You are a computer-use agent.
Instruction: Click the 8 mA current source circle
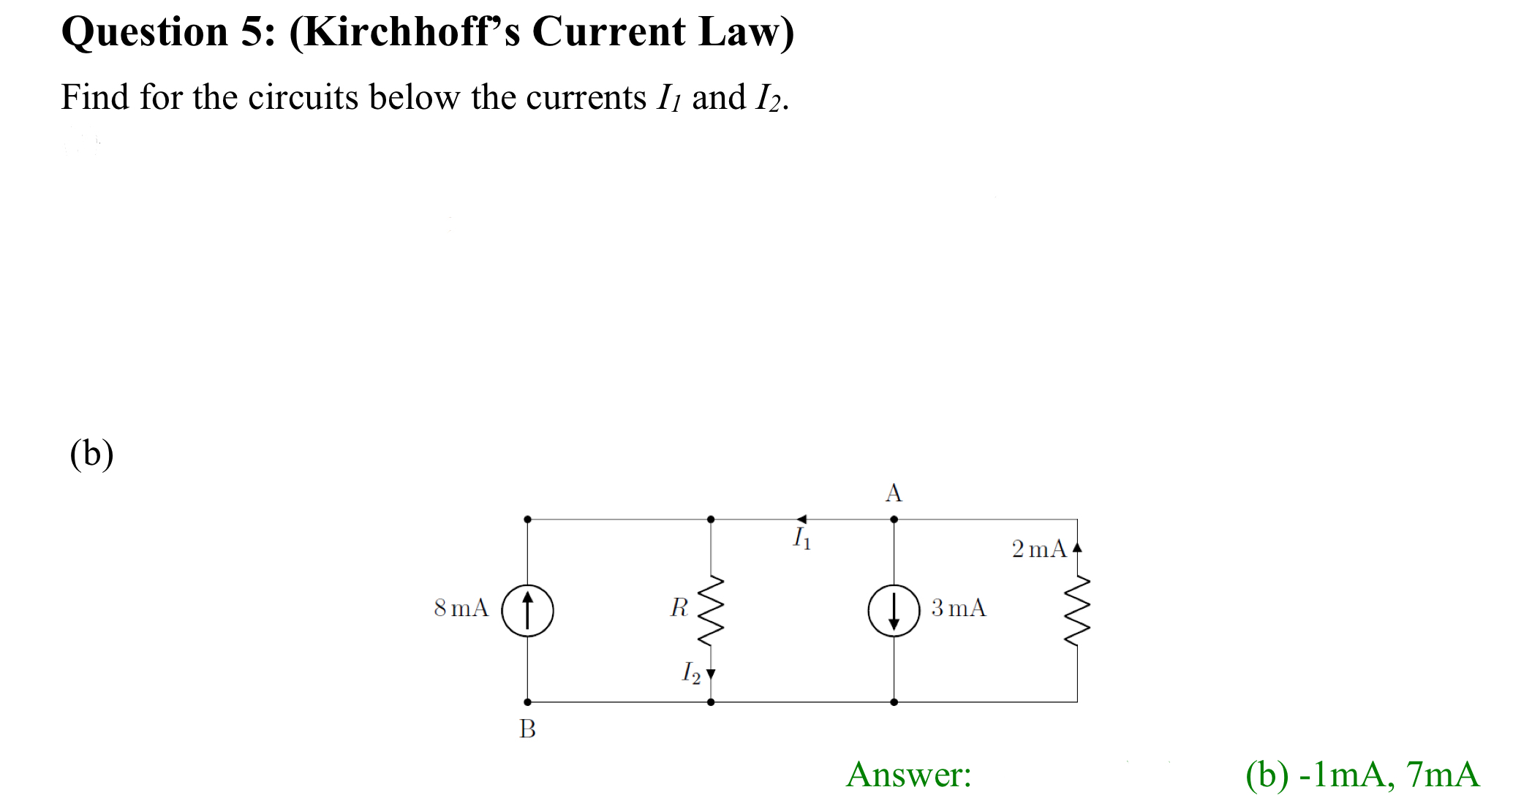point(527,610)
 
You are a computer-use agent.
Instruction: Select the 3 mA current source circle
point(894,610)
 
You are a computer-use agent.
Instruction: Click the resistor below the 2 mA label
point(1077,610)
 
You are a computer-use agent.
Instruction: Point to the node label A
point(894,493)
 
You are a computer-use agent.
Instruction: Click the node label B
point(527,729)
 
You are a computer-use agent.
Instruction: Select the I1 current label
point(802,539)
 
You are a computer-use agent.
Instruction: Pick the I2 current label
point(691,672)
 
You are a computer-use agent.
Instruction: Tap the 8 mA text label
point(461,607)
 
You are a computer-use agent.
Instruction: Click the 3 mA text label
point(959,607)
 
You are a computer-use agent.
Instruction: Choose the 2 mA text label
point(1039,549)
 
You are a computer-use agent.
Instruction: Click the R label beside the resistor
point(679,607)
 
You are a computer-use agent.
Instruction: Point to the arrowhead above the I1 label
point(801,520)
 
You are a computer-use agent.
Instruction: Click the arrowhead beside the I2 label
point(711,674)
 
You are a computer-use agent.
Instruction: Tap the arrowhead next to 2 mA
point(1077,547)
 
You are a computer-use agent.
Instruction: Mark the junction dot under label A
point(894,520)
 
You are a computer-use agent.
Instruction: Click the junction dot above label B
point(527,702)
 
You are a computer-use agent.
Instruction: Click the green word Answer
point(908,775)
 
